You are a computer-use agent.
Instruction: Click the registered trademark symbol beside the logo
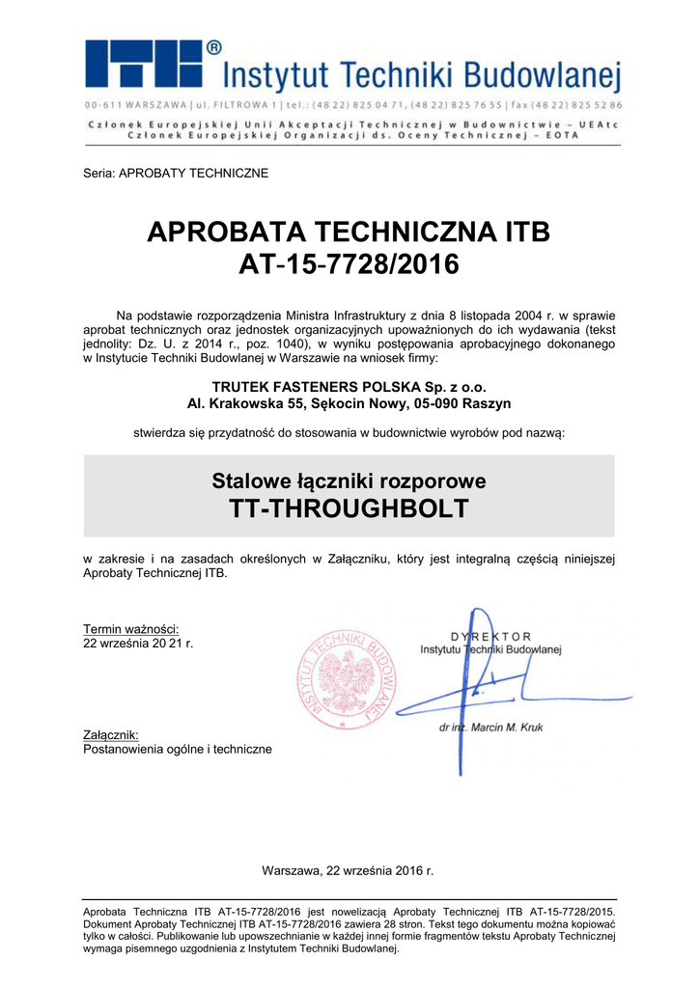click(x=213, y=46)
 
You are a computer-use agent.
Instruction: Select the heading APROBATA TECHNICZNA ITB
click(x=349, y=233)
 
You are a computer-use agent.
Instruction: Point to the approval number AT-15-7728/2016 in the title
click(x=349, y=264)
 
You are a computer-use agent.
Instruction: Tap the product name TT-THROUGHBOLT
click(x=349, y=508)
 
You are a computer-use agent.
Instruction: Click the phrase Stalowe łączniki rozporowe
click(x=349, y=480)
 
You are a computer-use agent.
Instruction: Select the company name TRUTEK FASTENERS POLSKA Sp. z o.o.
click(x=349, y=387)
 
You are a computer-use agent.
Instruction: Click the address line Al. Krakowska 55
click(x=349, y=403)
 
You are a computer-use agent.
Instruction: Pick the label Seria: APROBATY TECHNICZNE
click(x=176, y=174)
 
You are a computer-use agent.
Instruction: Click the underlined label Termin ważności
click(x=131, y=629)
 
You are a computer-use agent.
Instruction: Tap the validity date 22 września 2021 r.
click(x=139, y=643)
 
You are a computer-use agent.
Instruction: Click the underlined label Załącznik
click(x=111, y=735)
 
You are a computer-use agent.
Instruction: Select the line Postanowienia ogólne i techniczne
click(x=178, y=749)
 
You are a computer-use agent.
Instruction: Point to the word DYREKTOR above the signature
click(x=490, y=636)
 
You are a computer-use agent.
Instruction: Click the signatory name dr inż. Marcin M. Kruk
click(x=489, y=727)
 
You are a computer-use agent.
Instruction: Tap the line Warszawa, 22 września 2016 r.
click(x=349, y=870)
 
